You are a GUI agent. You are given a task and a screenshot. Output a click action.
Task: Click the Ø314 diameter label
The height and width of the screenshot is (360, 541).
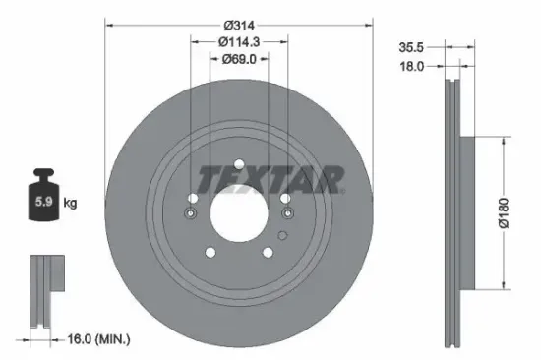(x=239, y=24)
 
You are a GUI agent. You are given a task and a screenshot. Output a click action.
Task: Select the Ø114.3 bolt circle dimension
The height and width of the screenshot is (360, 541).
(x=239, y=41)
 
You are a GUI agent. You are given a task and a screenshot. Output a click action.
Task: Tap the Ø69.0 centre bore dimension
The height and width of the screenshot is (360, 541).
(x=239, y=59)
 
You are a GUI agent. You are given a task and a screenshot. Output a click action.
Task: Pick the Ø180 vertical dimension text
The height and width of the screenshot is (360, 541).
(x=504, y=210)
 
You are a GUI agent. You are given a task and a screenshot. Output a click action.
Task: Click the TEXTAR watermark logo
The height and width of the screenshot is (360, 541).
(x=270, y=179)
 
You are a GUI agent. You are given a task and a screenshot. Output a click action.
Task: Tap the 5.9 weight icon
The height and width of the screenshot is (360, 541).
(x=44, y=202)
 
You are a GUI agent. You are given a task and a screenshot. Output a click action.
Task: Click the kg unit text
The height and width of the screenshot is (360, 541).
(x=71, y=204)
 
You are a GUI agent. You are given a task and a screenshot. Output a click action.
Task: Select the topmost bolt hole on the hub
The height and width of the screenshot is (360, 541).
(x=239, y=163)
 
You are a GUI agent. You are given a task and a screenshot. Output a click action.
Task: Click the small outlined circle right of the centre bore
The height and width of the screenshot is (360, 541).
(x=281, y=234)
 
